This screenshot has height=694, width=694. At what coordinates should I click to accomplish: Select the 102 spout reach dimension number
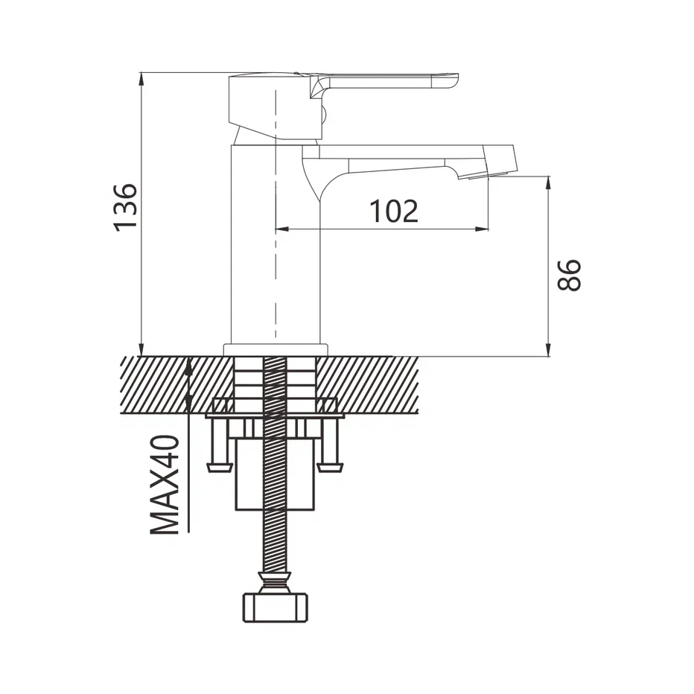pyautogui.click(x=394, y=211)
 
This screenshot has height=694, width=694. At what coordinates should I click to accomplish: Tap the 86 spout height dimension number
pyautogui.click(x=569, y=275)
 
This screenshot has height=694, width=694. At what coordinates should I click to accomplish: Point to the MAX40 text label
pyautogui.click(x=165, y=485)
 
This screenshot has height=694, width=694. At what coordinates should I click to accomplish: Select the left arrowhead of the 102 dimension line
pyautogui.click(x=282, y=229)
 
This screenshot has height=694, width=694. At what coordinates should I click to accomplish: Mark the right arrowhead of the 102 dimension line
pyautogui.click(x=482, y=229)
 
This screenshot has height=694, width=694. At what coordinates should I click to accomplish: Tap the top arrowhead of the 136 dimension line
pyautogui.click(x=141, y=79)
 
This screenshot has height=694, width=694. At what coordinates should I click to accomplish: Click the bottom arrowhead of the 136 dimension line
pyautogui.click(x=141, y=349)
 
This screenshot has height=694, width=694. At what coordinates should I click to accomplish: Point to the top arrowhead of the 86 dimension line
pyautogui.click(x=548, y=183)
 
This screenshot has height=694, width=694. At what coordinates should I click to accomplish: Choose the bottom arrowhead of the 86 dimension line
pyautogui.click(x=548, y=349)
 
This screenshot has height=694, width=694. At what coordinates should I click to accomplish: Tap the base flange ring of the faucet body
pyautogui.click(x=276, y=350)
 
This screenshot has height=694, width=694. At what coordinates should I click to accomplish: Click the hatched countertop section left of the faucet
pyautogui.click(x=177, y=384)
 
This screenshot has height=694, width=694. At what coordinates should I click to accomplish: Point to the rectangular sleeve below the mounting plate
pyautogui.click(x=276, y=474)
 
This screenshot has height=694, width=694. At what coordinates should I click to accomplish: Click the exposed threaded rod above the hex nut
pyautogui.click(x=276, y=541)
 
